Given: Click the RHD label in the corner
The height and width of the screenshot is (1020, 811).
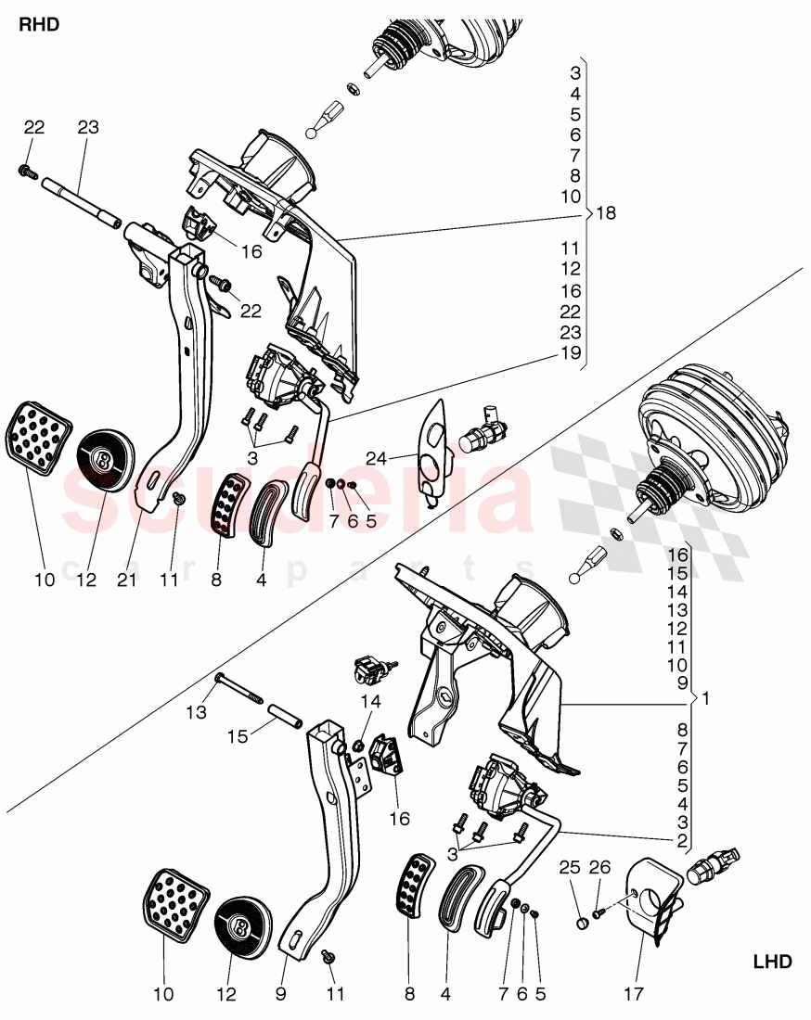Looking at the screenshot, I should [39, 25].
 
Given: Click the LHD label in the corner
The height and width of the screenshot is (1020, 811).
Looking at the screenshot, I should [771, 962].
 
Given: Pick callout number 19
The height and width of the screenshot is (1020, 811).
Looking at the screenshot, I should [572, 354].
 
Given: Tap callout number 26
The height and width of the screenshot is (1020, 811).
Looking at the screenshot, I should [601, 868].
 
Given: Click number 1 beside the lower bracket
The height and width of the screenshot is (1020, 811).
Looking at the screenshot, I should [705, 697].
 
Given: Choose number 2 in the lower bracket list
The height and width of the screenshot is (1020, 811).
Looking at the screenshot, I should [682, 842].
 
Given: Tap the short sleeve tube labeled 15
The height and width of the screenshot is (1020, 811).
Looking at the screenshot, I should [287, 719].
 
